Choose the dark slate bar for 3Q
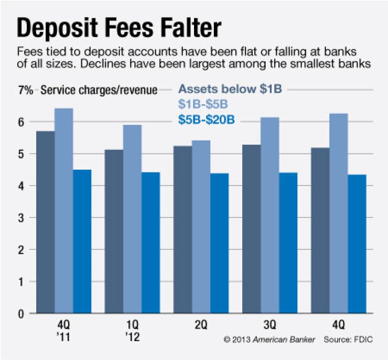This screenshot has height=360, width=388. (x=252, y=228)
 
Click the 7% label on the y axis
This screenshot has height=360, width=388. (x=26, y=90)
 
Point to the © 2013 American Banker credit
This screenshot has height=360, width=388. (x=270, y=340)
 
